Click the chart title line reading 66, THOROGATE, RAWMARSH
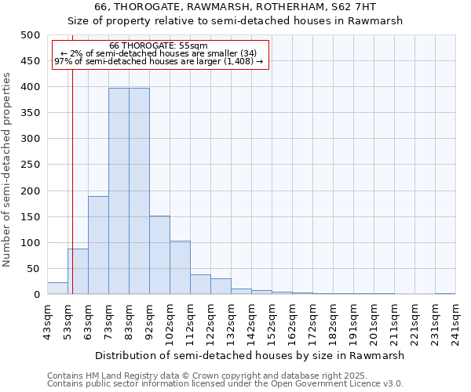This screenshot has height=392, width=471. [235, 7]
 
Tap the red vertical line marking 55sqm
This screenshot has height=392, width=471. [72, 196]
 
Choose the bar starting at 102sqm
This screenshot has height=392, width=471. [180, 267]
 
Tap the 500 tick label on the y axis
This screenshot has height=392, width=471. [30, 35]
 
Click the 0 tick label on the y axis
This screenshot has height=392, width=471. [36, 295]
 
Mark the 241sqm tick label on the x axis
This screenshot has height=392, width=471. [455, 321]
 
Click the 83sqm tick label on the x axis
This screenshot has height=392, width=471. [129, 321]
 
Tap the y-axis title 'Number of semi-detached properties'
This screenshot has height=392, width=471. [7, 169]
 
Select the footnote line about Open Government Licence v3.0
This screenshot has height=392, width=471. [225, 383]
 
